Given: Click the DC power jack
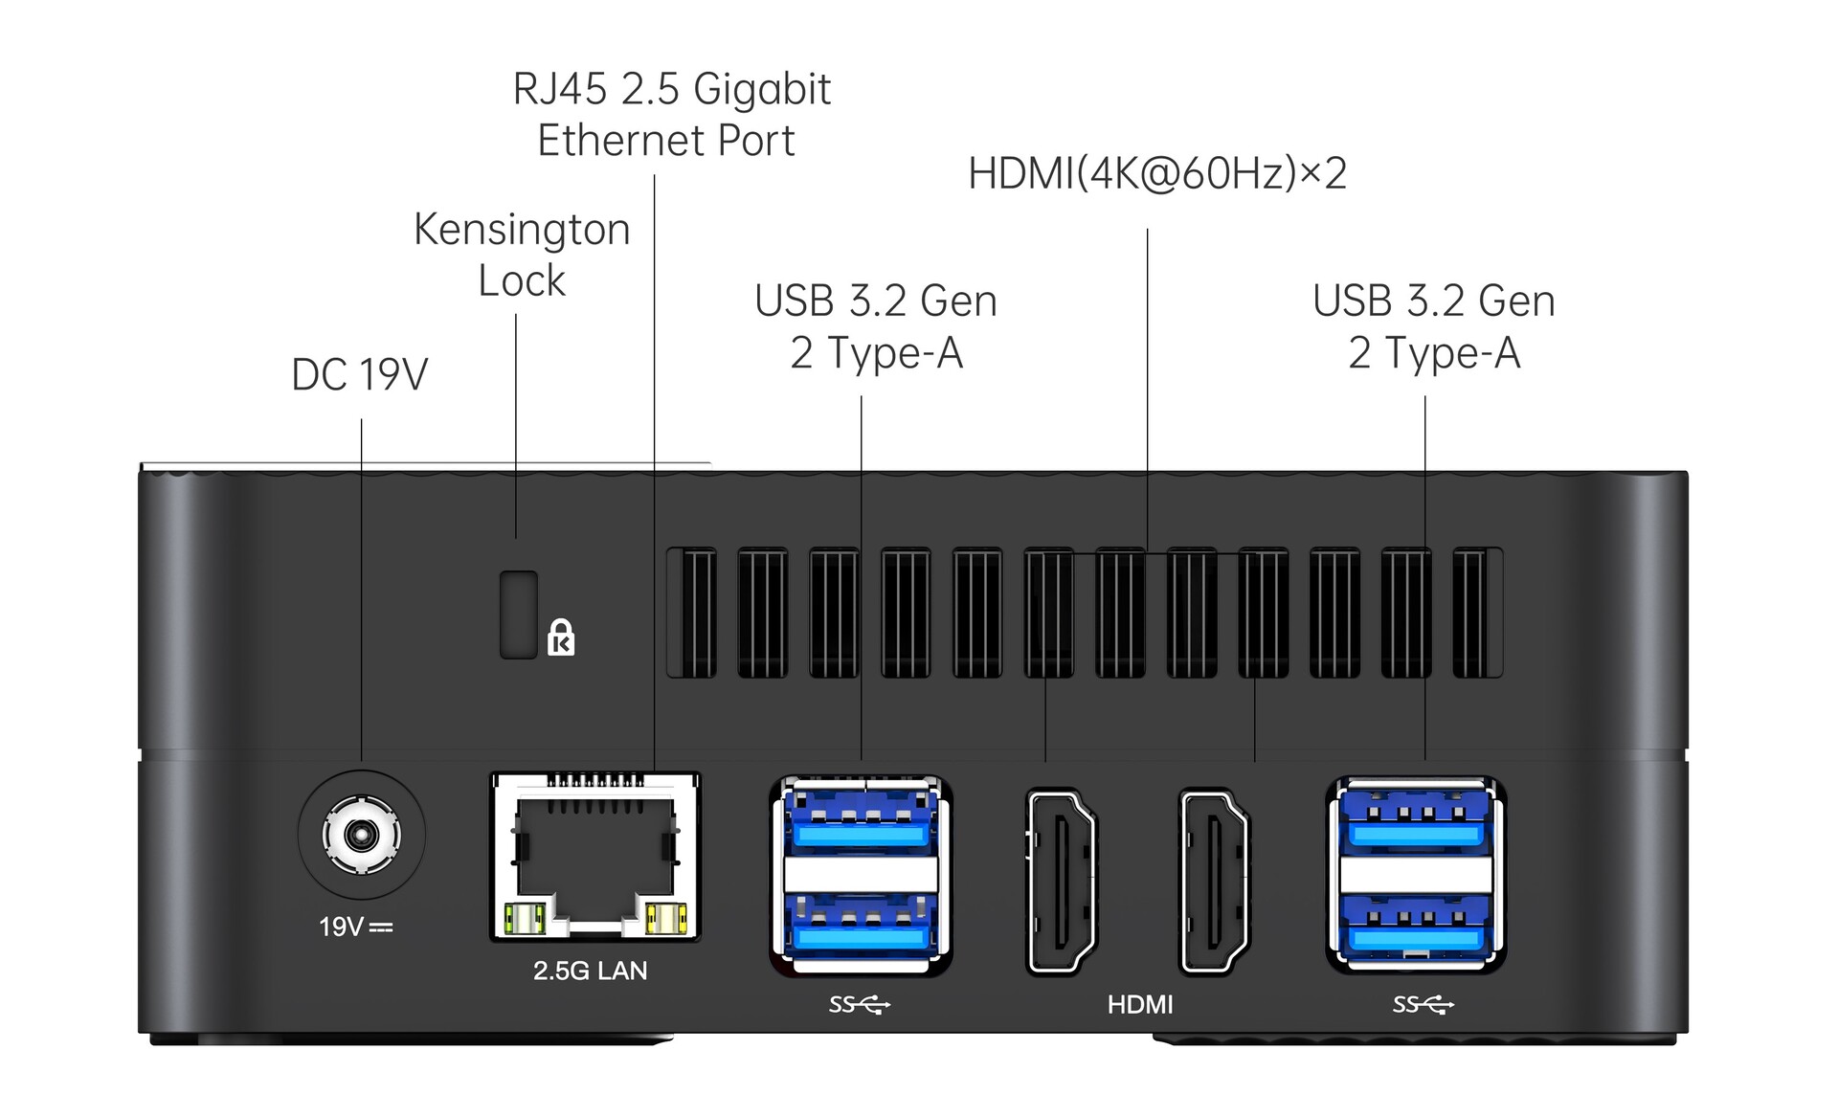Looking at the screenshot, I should (361, 835).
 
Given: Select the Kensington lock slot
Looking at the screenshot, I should (518, 614).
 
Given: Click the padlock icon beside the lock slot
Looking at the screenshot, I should (561, 637).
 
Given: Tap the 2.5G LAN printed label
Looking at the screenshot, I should (590, 971).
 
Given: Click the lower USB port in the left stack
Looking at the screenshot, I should (860, 927).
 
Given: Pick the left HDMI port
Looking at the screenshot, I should (1061, 881).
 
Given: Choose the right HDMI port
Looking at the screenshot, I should (1214, 881).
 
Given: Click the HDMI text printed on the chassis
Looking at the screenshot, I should (1139, 1004).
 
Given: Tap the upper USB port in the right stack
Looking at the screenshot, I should (1416, 821).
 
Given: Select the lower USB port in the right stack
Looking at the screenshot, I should (1416, 925).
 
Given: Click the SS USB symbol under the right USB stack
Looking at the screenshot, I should (1423, 1004).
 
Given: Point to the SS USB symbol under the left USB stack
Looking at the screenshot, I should (859, 1004).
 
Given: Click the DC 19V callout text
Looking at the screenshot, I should (359, 374).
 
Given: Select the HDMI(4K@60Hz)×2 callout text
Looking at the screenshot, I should (1156, 173).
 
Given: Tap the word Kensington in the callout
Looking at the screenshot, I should (522, 230).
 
